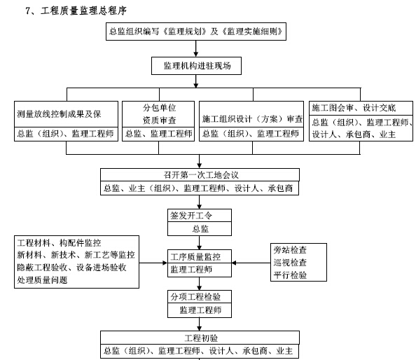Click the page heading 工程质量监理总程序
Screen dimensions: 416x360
click(83, 11)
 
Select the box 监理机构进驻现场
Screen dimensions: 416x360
click(196, 66)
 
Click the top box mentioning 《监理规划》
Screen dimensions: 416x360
click(196, 32)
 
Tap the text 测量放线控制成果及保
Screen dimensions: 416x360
click(59, 114)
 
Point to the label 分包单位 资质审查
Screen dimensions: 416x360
click(159, 114)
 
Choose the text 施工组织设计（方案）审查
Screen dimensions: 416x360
click(252, 119)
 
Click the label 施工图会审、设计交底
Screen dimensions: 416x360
click(354, 108)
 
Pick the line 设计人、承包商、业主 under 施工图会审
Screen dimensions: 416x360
click(354, 134)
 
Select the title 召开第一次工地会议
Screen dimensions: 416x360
click(201, 175)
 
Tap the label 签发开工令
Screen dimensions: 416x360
click(191, 216)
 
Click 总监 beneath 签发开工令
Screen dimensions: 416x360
click(200, 229)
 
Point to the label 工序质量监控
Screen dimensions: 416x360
click(195, 256)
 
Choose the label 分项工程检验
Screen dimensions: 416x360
click(195, 297)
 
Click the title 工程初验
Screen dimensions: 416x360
click(201, 338)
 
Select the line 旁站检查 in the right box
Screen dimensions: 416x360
click(290, 250)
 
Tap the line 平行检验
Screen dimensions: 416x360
click(290, 275)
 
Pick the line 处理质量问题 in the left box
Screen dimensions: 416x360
click(42, 280)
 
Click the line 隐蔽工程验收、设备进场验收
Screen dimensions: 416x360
click(71, 268)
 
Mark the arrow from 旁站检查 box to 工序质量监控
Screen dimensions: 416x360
click(251, 263)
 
